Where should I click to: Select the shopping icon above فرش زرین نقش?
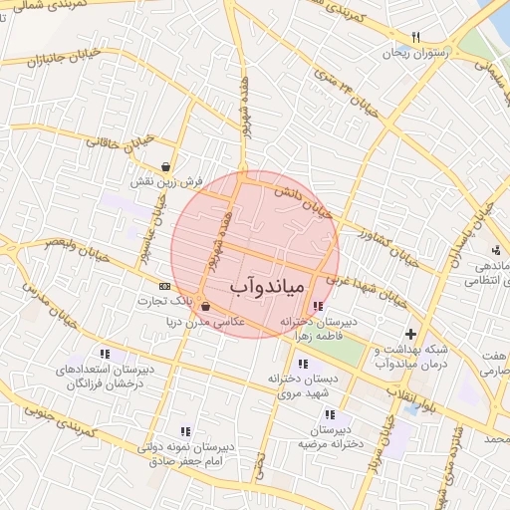click(x=164, y=167)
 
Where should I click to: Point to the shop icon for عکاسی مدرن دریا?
click(x=205, y=307)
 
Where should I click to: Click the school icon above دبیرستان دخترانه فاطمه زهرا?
click(x=317, y=307)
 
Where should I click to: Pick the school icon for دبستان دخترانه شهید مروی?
click(x=302, y=364)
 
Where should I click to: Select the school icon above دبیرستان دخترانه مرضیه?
click(x=330, y=414)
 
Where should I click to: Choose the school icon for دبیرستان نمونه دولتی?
click(x=185, y=431)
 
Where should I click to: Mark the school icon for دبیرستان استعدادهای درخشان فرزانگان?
click(x=105, y=354)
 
